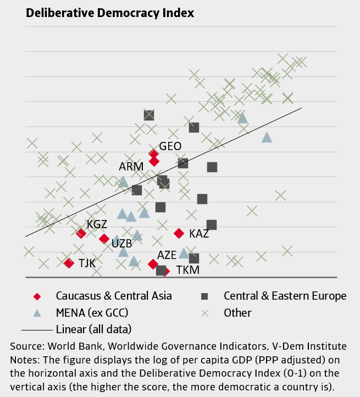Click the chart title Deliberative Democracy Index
pos(110,13)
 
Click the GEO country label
pos(170,146)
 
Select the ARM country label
pos(131,166)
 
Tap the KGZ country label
pos(97,224)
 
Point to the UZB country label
pos(121,243)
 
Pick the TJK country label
pos(87,263)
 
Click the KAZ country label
pos(199,234)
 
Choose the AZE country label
pos(167,255)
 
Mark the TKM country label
pos(187,270)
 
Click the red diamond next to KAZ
pos(179,233)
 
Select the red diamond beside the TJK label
pos(69,263)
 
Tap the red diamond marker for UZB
pos(104,238)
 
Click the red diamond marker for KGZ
pos(81,233)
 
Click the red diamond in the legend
pos(37,296)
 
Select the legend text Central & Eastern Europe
pos(285,296)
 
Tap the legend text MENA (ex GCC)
pos(92,313)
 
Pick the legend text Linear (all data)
pos(93,329)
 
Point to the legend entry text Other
pos(237,313)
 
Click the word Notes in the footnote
pos(24,360)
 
